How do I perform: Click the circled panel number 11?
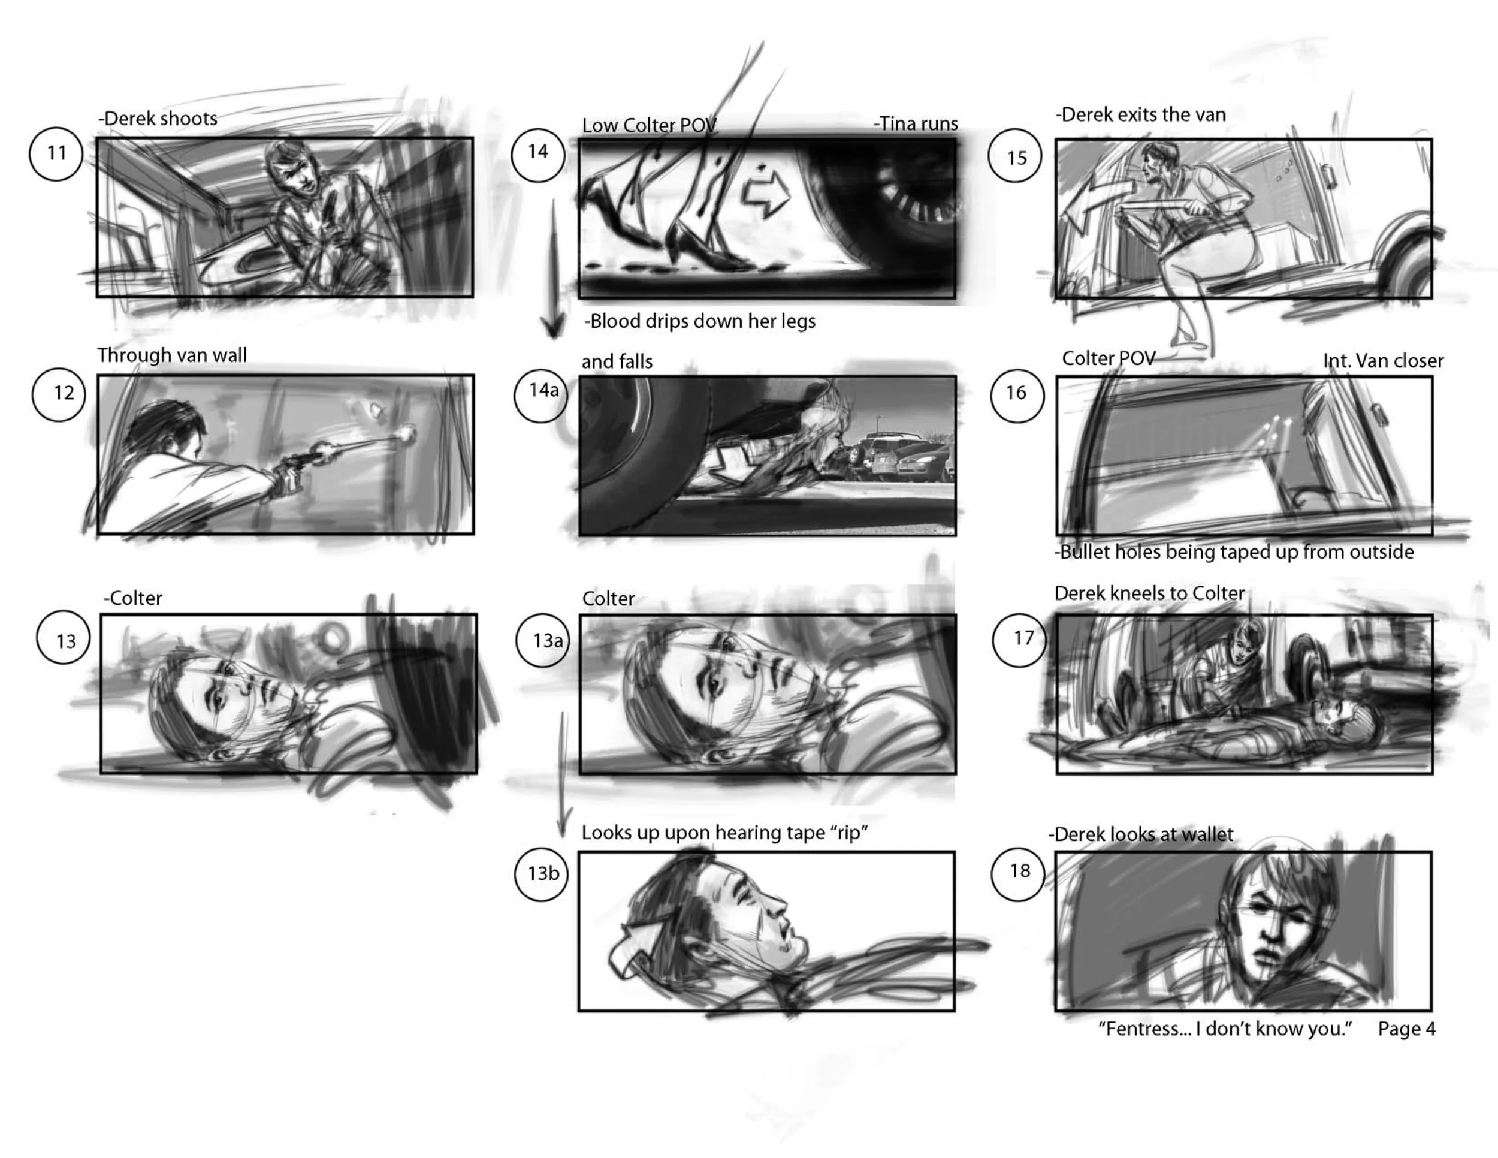point(56,153)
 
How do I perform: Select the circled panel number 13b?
point(542,873)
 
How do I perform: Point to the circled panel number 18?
point(1019,873)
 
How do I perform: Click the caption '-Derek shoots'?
point(158,119)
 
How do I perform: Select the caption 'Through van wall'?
point(172,355)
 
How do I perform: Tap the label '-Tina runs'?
point(916,123)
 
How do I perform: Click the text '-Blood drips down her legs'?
point(700,321)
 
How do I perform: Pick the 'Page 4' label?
point(1407,1029)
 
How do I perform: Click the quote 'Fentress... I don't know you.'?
point(1225,1029)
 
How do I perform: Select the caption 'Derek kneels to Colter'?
point(1149,593)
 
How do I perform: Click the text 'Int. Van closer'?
point(1384,361)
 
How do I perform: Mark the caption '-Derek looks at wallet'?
point(1141,834)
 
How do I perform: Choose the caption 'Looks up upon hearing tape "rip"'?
point(725,833)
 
